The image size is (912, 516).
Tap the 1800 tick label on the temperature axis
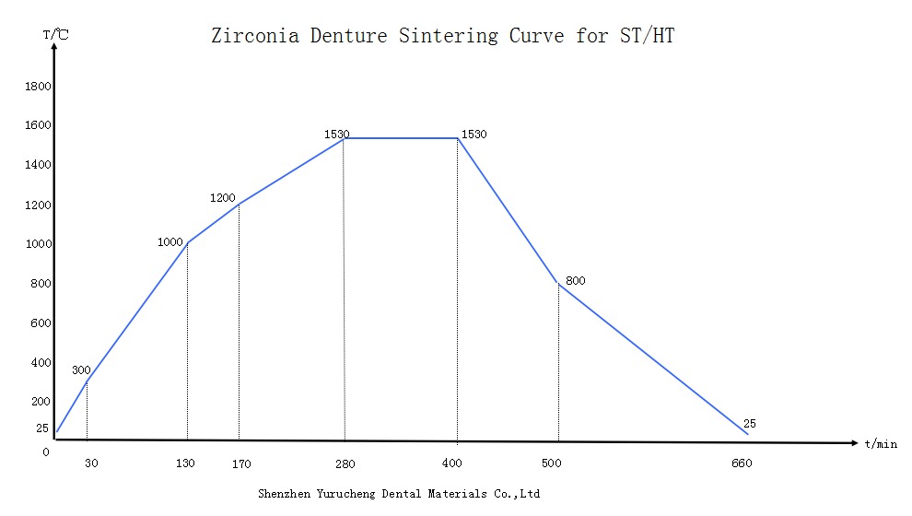pos(38,87)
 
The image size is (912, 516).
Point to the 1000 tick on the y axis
pos(38,244)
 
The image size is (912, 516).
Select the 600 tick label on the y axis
pos(41,323)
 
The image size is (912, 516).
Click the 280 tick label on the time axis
pos(344,463)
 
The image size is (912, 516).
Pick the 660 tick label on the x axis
pos(742,463)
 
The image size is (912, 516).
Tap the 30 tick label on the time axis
pos(91,463)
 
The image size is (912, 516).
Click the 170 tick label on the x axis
pos(241,463)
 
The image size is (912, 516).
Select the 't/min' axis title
pos(881,444)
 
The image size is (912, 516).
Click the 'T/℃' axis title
pos(54,35)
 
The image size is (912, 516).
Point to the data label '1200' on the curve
pos(223,198)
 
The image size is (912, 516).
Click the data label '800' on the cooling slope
pos(576,281)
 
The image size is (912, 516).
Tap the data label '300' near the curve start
pos(81,370)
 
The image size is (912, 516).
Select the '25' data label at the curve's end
pos(749,424)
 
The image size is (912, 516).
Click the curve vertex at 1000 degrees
pos(187,243)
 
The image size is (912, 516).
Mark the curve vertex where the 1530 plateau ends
pos(458,138)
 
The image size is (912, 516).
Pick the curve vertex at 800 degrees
pos(558,283)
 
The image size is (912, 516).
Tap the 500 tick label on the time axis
pos(552,463)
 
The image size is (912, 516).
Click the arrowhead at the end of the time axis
pos(855,443)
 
